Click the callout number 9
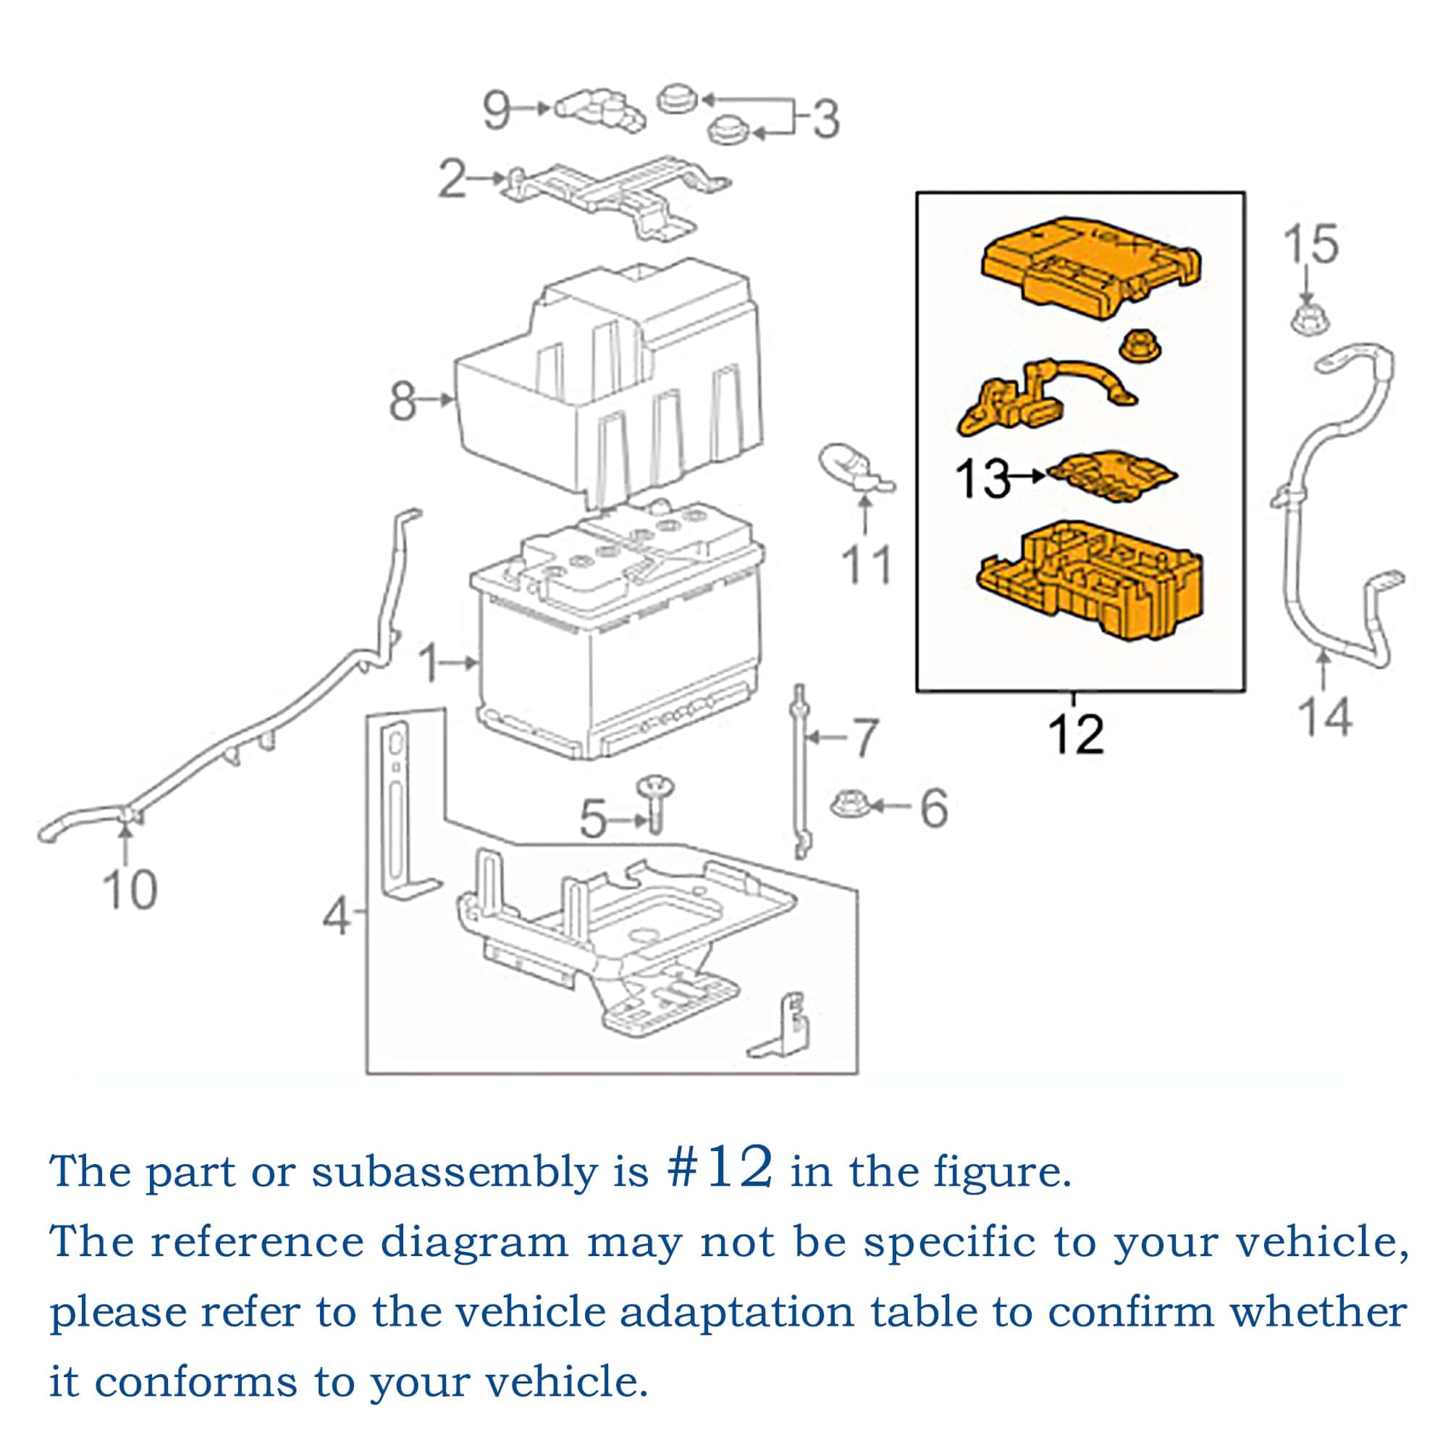pyautogui.click(x=497, y=111)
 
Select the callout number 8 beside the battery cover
pyautogui.click(x=403, y=402)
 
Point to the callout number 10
pyautogui.click(x=130, y=891)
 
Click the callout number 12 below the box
pyautogui.click(x=1077, y=734)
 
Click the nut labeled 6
pyautogui.click(x=850, y=807)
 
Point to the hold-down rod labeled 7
pyautogui.click(x=801, y=772)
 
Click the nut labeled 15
pyautogui.click(x=1308, y=320)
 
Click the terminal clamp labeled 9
pyautogui.click(x=600, y=111)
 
